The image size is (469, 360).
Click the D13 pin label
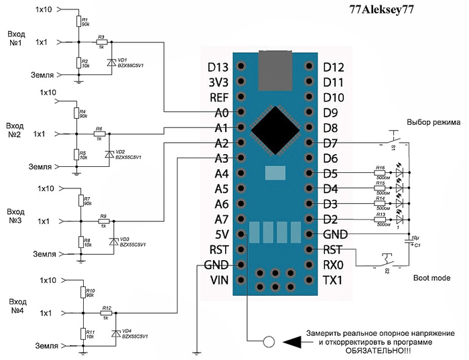point(218,66)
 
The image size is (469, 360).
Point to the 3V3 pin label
point(218,82)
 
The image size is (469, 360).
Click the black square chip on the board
point(275,127)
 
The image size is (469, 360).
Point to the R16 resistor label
point(380,167)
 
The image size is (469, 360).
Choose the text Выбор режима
point(433,123)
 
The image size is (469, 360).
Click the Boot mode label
point(431,277)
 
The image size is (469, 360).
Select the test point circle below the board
point(268,341)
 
